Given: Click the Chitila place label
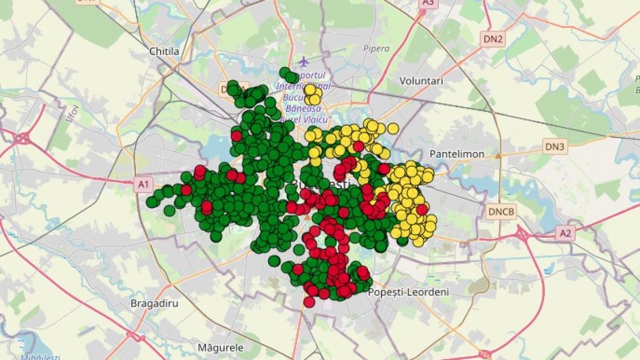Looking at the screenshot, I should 164,52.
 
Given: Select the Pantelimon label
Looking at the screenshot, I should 457,154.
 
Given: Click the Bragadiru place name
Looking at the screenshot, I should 155,303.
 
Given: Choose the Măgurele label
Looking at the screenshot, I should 220,348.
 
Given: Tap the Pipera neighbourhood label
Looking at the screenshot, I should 377,49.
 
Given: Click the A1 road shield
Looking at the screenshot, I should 142,185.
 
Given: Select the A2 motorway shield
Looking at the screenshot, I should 565,233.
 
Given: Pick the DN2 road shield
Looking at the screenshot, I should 493,38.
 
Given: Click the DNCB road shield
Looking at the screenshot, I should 501,211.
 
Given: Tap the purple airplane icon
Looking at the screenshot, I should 303,61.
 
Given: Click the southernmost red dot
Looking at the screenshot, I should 309,302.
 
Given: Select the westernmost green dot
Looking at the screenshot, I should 152,202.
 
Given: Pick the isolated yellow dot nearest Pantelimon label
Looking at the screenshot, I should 393,129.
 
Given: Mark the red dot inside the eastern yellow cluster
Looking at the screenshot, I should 421,210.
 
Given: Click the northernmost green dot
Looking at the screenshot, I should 285,72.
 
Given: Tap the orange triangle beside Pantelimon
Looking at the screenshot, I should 498,156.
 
